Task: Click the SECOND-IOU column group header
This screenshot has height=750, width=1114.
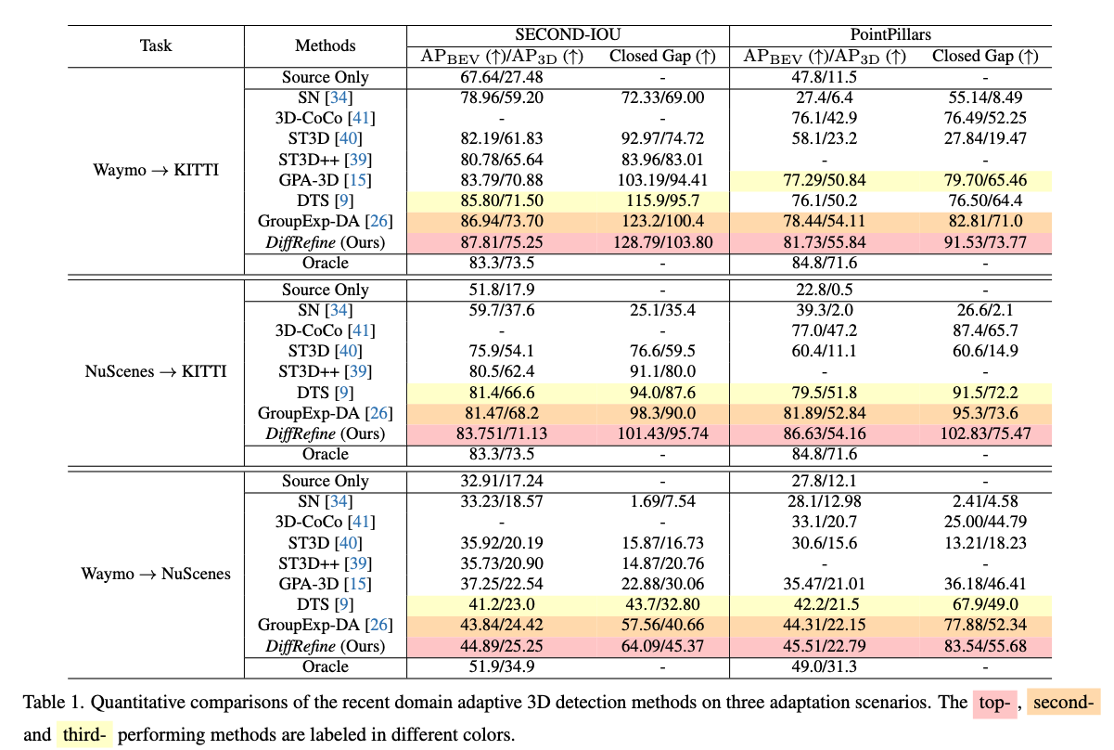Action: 568,35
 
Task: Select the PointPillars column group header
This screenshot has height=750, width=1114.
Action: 890,35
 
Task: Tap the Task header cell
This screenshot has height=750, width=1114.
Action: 155,45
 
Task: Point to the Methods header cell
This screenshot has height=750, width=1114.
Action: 325,45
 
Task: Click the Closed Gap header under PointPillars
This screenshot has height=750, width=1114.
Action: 984,57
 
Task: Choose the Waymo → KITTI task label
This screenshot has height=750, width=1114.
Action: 155,171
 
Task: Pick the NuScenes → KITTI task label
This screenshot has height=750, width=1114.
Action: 155,372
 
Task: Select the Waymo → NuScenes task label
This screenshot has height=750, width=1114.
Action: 155,574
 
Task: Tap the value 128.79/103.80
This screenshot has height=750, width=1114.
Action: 662,243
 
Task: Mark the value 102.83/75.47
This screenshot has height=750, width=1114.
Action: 984,434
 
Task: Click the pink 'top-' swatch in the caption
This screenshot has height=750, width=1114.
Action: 995,703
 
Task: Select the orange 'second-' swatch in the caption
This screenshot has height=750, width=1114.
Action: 1061,703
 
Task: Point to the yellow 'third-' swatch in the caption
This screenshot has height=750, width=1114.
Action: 84,736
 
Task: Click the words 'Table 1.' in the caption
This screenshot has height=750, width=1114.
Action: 52,703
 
